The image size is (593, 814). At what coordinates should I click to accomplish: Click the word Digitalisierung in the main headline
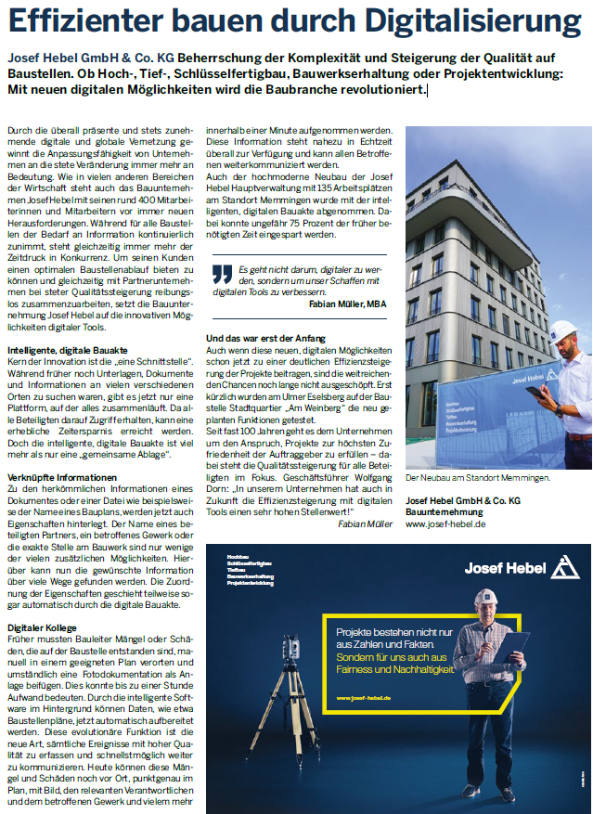coord(482,23)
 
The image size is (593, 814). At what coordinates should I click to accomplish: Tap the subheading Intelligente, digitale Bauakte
coord(55,349)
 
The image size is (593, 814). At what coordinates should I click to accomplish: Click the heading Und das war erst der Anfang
coord(265,339)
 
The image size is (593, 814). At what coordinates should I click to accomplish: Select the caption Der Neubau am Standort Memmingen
coord(477,477)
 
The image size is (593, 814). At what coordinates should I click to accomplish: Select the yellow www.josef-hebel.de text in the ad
coord(363,696)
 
